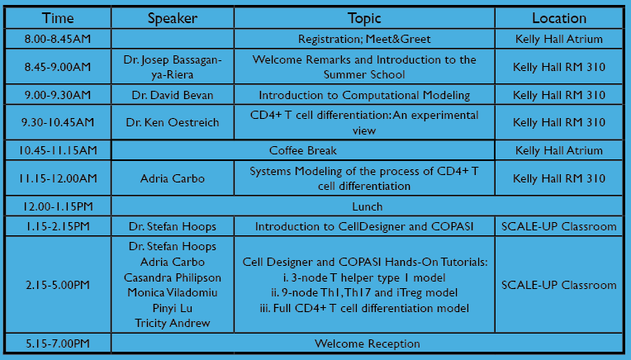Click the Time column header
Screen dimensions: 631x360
coord(58,18)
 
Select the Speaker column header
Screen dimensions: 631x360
coord(173,18)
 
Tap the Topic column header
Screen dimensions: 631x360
coord(364,18)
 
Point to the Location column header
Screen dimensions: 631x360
coord(559,18)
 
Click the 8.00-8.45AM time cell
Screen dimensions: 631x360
coord(58,39)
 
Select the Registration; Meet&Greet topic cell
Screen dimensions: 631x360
coord(364,39)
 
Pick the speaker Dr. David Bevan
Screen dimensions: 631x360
coord(173,95)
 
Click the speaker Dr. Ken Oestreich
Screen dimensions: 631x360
coord(173,122)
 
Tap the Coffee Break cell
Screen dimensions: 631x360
coord(302,150)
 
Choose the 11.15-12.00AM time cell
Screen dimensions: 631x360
coord(58,178)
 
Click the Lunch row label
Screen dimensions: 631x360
coord(367,206)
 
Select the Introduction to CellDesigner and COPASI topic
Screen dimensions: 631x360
coord(364,226)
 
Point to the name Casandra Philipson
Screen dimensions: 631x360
coord(173,277)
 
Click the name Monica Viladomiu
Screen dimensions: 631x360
coord(173,292)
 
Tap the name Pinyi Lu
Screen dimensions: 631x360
coord(173,308)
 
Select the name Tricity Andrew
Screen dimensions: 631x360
coord(173,323)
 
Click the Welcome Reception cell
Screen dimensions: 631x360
coord(367,343)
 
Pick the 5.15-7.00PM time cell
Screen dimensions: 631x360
coord(58,343)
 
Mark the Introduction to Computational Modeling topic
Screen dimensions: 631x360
coord(364,95)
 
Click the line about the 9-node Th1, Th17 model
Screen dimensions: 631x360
coord(364,292)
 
